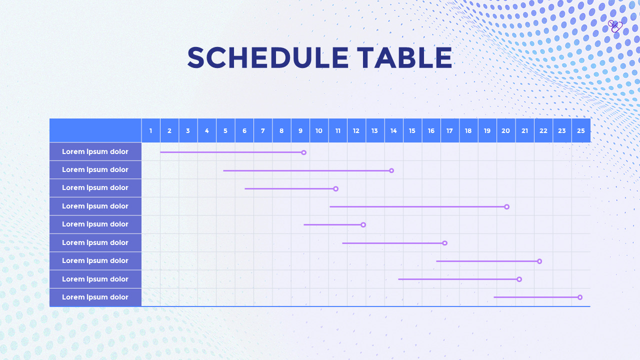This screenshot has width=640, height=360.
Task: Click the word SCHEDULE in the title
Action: coord(267,57)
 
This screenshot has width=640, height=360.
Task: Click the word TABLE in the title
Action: coord(404,57)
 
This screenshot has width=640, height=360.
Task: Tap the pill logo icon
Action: coord(615,26)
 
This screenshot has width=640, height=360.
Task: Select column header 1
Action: coord(151,130)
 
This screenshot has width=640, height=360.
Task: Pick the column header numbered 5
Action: coord(225,130)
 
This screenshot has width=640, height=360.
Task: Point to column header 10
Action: coord(319,130)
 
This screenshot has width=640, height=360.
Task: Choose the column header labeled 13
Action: coord(375,130)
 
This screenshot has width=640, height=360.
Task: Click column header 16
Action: coord(431,130)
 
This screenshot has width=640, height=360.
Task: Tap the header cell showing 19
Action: coord(487,130)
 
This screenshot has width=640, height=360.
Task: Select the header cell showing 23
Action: coord(562,130)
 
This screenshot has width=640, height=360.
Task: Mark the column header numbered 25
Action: coord(581,130)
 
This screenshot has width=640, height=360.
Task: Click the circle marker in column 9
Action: coord(304,152)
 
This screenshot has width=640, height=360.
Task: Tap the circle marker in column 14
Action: coord(391,170)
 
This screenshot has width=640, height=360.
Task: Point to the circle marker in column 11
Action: coord(336,189)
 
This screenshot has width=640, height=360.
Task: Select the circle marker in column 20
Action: coord(507,207)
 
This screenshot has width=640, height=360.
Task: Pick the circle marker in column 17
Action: coord(445,243)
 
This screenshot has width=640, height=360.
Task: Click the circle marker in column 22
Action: coord(539,261)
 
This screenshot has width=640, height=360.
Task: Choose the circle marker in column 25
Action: coord(580,297)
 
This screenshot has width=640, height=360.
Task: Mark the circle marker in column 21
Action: coord(519,279)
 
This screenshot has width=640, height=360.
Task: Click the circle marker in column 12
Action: coord(363,225)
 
